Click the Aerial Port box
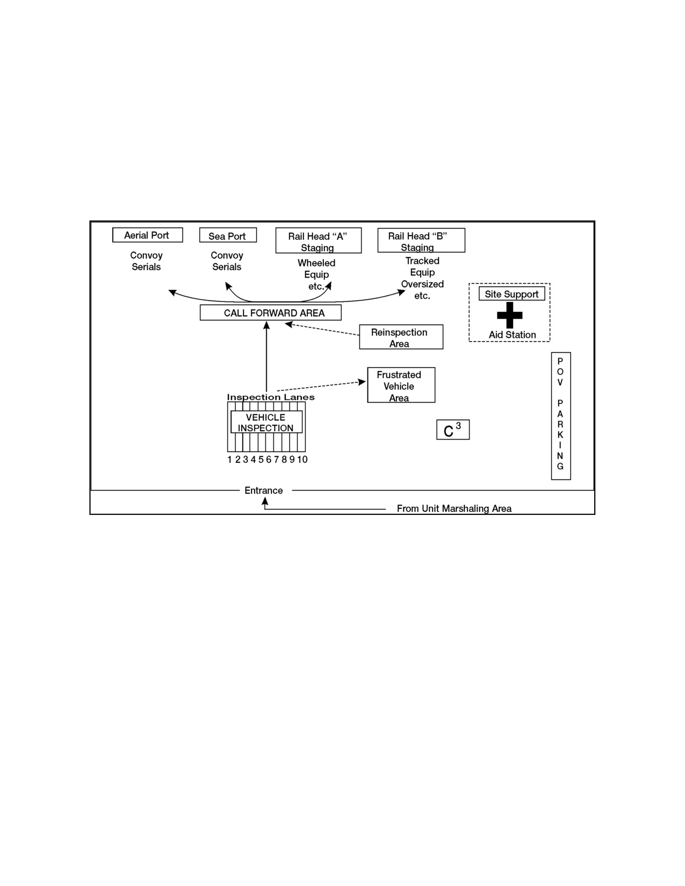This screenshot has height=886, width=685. click(x=147, y=235)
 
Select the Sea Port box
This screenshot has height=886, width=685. click(x=228, y=235)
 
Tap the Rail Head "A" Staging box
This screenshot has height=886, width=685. click(x=318, y=241)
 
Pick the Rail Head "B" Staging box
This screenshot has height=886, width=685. click(x=421, y=240)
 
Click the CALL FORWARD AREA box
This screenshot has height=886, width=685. click(x=270, y=313)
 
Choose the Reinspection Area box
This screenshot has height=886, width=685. click(x=401, y=337)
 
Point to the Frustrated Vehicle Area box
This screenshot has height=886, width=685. click(x=401, y=385)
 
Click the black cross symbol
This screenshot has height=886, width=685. click(x=509, y=315)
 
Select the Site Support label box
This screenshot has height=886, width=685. click(x=511, y=294)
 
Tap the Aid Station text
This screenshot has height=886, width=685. click(x=513, y=335)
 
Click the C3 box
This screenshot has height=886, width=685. click(x=453, y=430)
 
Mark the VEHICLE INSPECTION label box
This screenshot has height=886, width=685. click(x=266, y=422)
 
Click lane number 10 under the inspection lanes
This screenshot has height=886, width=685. click(x=302, y=460)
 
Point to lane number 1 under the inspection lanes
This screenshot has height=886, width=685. click(x=230, y=460)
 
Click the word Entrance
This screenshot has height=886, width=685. click(x=264, y=490)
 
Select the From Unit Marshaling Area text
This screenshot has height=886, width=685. click(x=454, y=509)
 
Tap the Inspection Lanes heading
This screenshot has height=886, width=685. click(x=270, y=397)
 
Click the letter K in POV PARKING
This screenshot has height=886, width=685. click(x=560, y=434)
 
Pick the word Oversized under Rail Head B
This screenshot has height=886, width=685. click(x=422, y=284)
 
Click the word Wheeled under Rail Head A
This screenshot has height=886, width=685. click(x=316, y=263)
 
